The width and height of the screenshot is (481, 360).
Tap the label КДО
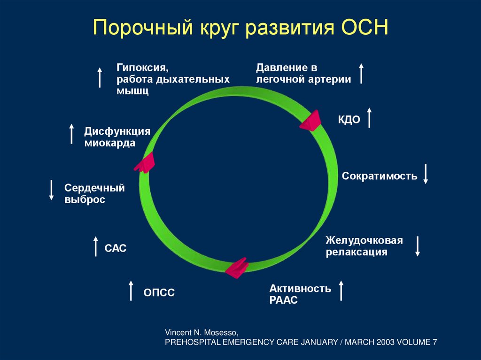tap(349, 120)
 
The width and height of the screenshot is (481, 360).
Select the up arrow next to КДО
tap(369, 117)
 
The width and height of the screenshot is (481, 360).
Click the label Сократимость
tap(380, 176)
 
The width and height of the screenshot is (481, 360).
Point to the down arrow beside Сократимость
tap(426, 174)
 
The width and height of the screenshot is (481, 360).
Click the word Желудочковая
tap(364, 241)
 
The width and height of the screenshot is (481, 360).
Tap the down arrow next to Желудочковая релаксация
tap(417, 246)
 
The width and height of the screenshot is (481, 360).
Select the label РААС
tap(284, 300)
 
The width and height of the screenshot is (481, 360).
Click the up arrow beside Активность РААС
tap(341, 291)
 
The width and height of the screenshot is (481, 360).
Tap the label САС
tap(116, 248)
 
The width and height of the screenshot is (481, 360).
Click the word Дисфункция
tap(117, 131)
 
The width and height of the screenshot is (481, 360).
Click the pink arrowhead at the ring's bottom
tap(236, 268)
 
